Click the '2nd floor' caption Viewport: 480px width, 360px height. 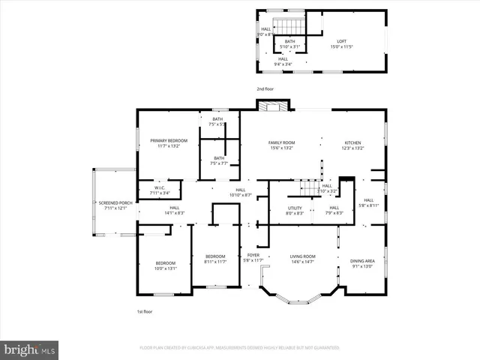[x=265, y=89]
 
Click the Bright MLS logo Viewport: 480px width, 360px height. [x=30, y=349]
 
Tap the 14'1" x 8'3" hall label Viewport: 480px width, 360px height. [x=174, y=210]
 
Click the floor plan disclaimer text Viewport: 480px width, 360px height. [x=239, y=349]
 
